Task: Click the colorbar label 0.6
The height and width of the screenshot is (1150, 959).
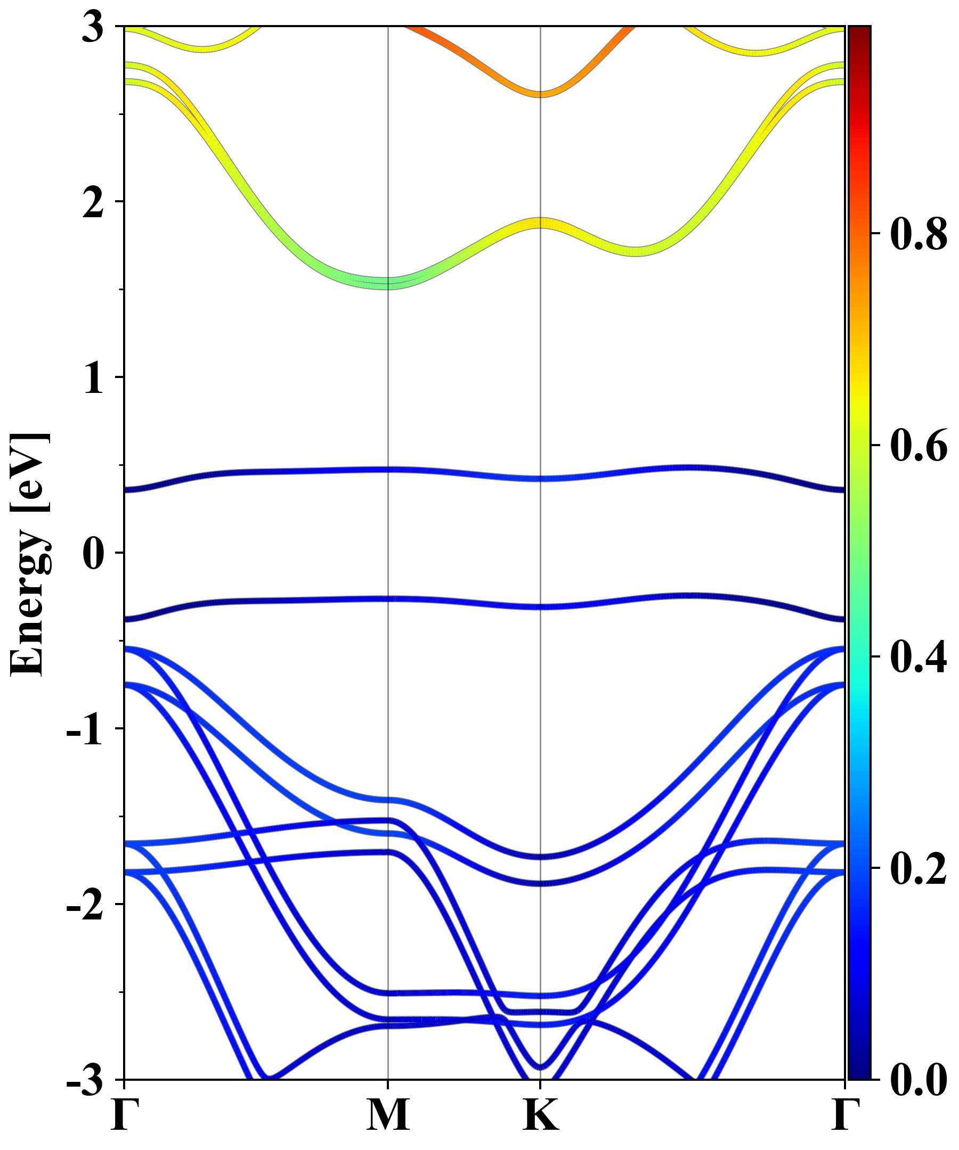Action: tap(919, 446)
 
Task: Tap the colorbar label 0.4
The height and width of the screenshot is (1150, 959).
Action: tap(919, 656)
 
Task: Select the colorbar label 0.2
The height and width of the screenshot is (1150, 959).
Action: tap(919, 868)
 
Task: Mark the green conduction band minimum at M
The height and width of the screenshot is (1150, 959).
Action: tap(388, 284)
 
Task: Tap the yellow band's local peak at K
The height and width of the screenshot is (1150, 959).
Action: tap(540, 223)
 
